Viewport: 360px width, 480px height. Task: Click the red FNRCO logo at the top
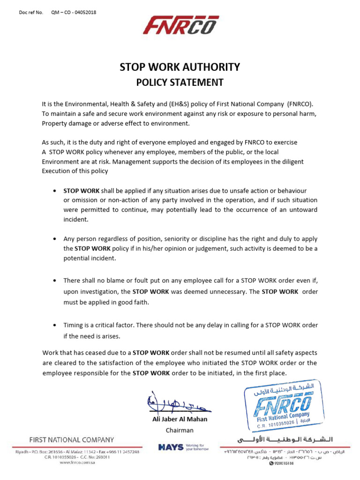pos(180,26)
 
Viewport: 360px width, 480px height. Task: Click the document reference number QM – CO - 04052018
pos(73,13)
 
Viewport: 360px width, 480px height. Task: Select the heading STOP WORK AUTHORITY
pos(180,67)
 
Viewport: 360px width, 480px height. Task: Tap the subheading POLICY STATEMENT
pos(180,82)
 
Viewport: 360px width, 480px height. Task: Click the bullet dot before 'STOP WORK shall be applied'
pos(55,191)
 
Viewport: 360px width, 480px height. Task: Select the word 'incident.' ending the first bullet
pos(75,219)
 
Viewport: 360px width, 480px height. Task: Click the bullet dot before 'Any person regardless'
pos(55,239)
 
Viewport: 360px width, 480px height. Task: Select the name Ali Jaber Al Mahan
pos(180,419)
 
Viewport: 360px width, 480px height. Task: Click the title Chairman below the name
pos(180,430)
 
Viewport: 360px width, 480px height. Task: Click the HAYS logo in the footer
pos(171,447)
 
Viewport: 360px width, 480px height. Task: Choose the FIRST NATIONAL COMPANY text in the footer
pos(71,440)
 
